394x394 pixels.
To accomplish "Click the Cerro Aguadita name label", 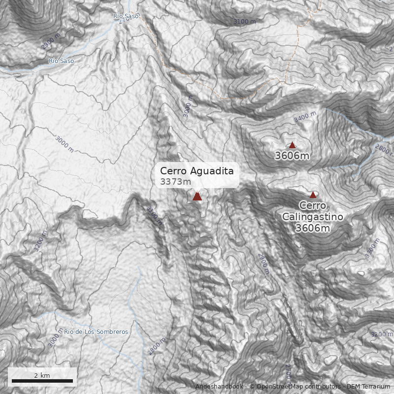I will click(197, 171).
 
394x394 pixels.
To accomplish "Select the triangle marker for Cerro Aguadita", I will click(197, 197).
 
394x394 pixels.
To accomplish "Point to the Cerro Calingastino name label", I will click(313, 210).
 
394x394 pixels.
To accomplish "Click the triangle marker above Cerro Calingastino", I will click(313, 195).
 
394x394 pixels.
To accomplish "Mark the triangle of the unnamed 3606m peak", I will click(292, 145).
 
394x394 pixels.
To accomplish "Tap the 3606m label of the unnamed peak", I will click(292, 156).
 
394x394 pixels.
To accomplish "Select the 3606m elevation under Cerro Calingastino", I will click(313, 228).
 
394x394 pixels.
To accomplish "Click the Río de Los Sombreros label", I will click(96, 332).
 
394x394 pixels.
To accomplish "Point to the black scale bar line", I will click(42, 381).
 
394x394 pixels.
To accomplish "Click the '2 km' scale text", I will click(42, 375).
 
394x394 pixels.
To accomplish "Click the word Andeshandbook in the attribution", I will click(219, 387).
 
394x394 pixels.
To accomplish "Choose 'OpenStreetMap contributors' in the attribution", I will click(295, 387).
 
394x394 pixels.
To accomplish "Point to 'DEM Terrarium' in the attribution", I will click(368, 387).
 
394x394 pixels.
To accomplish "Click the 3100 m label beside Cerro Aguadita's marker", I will click(154, 215).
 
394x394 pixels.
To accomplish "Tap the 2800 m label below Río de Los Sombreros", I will click(156, 347).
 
